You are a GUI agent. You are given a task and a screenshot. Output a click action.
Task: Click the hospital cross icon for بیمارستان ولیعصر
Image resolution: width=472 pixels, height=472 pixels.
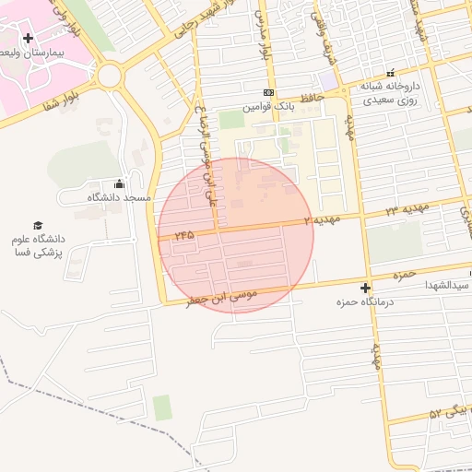(28, 38)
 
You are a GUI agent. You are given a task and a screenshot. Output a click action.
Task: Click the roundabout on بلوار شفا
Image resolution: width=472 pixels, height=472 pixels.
(110, 76)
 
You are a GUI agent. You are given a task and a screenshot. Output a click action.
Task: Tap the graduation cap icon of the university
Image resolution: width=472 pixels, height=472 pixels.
(38, 225)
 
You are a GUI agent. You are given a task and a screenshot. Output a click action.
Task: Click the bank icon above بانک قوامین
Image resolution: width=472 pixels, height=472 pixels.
(268, 93)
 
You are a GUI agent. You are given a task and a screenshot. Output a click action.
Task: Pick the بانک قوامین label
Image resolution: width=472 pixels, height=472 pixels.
(268, 107)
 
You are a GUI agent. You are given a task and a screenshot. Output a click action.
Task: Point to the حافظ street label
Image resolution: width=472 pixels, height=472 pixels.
(312, 93)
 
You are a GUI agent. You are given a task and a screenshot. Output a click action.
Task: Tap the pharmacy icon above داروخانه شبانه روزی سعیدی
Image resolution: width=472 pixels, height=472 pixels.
(390, 72)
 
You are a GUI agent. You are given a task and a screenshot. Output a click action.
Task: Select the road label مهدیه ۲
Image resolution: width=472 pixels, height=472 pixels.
(323, 220)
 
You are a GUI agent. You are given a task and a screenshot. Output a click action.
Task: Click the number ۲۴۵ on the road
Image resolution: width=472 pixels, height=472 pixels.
(183, 235)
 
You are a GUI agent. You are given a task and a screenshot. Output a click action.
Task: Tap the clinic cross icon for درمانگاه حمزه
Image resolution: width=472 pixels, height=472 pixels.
(366, 289)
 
